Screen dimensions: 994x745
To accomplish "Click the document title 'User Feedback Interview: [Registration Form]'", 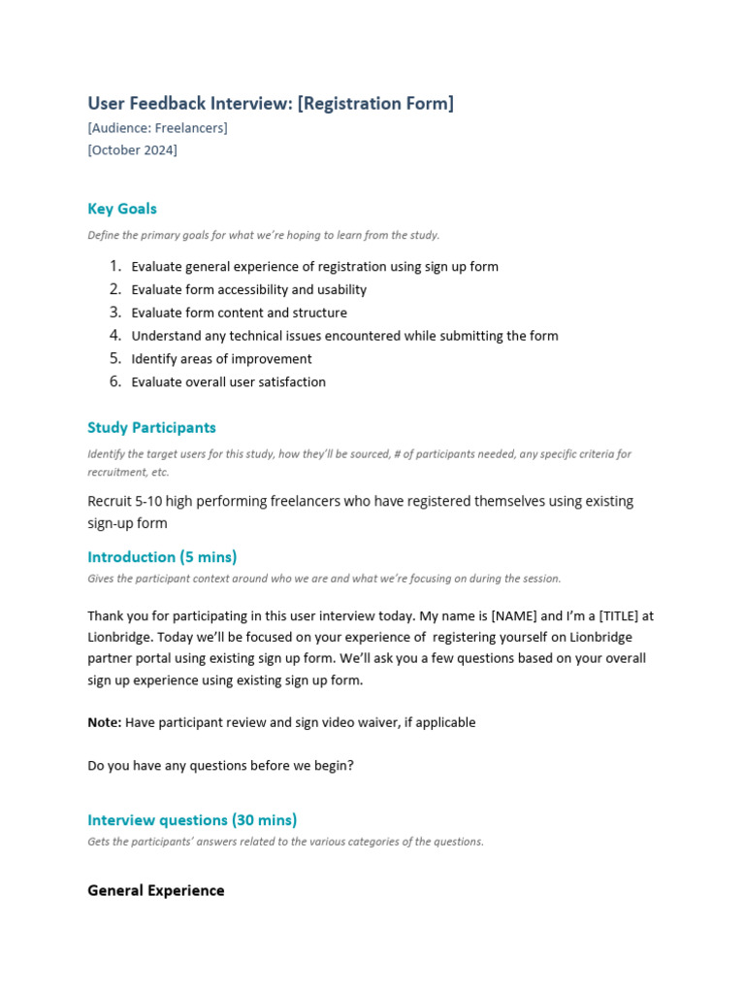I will pyautogui.click(x=271, y=103).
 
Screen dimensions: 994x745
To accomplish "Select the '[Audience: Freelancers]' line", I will pyautogui.click(x=157, y=127).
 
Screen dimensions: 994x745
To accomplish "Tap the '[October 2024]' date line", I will pyautogui.click(x=132, y=149).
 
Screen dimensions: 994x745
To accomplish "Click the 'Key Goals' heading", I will pyautogui.click(x=121, y=209).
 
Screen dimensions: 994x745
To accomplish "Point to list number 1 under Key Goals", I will pyautogui.click(x=114, y=266).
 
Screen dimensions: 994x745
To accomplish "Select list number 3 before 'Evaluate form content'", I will pyautogui.click(x=114, y=313).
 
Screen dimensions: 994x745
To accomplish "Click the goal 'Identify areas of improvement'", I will pyautogui.click(x=221, y=359).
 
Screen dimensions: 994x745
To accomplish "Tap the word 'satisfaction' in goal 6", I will pyautogui.click(x=286, y=382).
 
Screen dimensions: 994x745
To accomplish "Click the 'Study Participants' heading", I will pyautogui.click(x=151, y=427).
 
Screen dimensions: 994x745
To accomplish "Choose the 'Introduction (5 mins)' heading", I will pyautogui.click(x=162, y=557).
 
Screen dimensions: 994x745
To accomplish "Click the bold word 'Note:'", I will pyautogui.click(x=105, y=722).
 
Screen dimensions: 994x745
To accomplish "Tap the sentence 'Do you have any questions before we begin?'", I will pyautogui.click(x=220, y=765).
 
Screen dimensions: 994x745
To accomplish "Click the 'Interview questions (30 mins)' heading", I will pyautogui.click(x=192, y=820).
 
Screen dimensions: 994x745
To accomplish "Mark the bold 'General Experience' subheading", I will pyautogui.click(x=155, y=890).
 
